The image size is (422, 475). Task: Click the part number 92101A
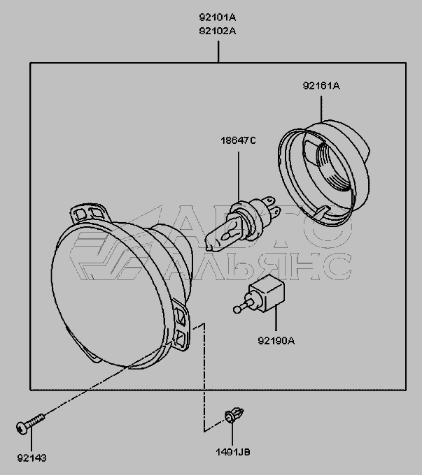[218, 17]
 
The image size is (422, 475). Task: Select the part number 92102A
[218, 31]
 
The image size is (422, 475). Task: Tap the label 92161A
[321, 86]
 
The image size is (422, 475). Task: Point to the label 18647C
[239, 140]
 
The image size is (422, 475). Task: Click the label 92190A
[276, 341]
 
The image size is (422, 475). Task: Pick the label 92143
[32, 458]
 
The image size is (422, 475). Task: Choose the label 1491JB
[233, 452]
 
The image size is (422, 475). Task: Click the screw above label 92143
[30, 423]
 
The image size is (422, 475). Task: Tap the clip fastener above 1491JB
[234, 415]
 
